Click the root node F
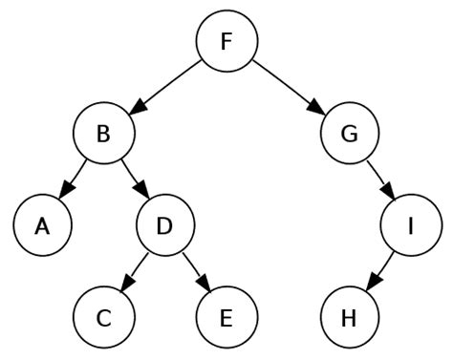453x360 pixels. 226,41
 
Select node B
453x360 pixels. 104,134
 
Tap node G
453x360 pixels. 349,134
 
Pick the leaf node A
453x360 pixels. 43,225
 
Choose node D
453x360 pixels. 165,225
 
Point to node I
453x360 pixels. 410,225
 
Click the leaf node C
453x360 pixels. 104,317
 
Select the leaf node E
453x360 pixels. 226,317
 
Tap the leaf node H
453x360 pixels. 349,317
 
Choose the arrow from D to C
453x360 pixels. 135,271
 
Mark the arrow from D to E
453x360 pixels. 196,271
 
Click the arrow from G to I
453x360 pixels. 379,180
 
